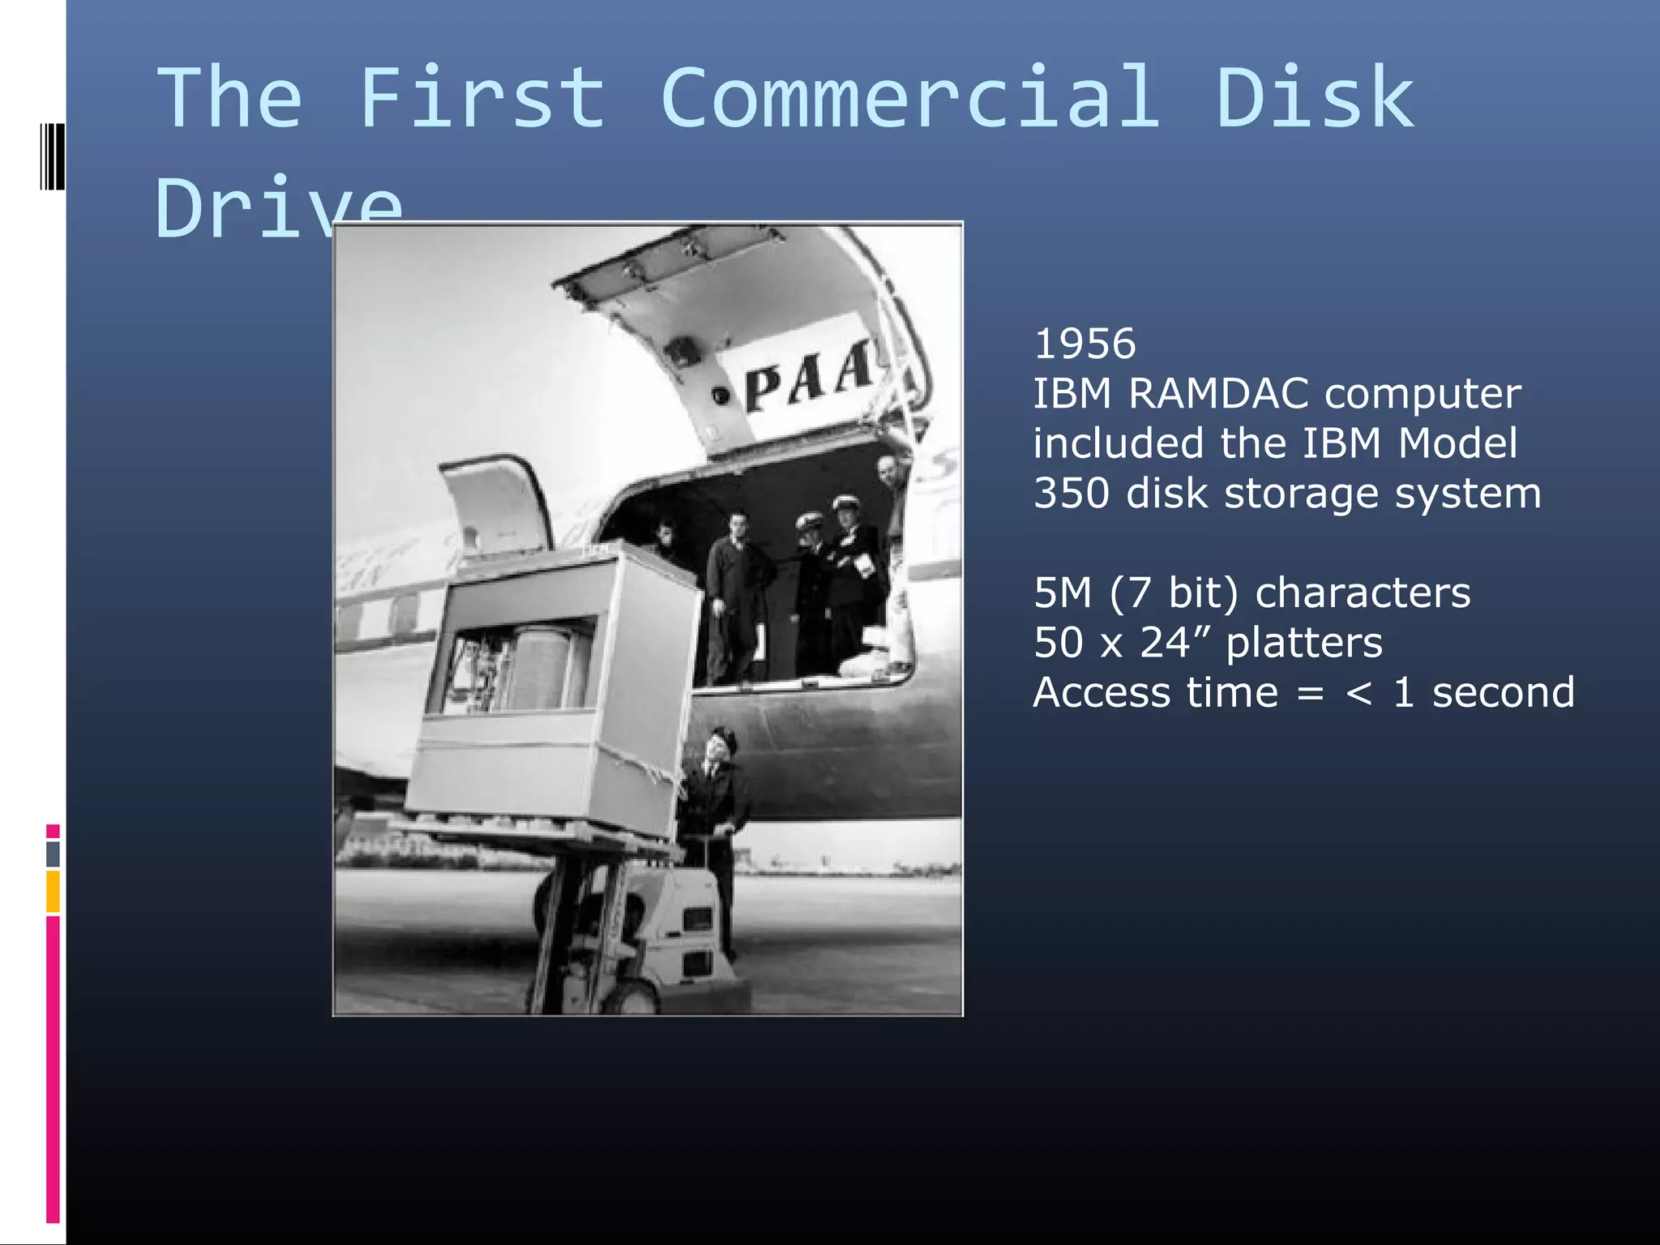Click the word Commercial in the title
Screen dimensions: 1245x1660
coord(910,98)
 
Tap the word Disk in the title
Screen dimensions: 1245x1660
coord(1315,98)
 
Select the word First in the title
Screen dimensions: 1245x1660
coord(481,98)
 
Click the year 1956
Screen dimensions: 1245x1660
coord(1085,344)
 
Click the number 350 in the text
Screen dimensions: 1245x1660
coord(1072,493)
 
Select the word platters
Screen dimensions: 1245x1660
coord(1303,642)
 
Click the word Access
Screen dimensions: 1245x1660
coord(1102,692)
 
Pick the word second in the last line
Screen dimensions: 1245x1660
coord(1503,692)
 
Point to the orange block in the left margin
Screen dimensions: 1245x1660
coord(53,891)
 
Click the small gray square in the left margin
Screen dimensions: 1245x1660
coord(53,853)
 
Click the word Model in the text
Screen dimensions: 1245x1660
coord(1457,443)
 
